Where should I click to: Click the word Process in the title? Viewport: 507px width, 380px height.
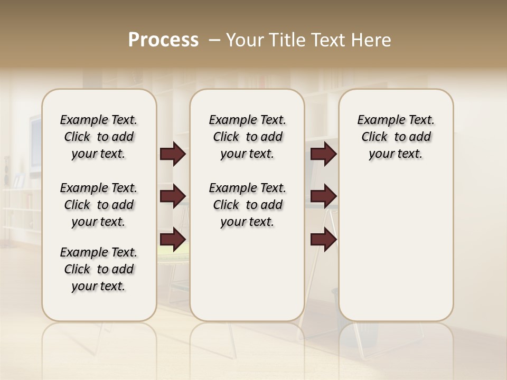163,40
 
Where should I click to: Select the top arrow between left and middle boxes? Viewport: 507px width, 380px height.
173,154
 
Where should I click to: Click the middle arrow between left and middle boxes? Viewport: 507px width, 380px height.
173,196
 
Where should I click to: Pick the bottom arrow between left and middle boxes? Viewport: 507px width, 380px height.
173,240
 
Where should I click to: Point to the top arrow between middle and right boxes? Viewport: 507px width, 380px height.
323,154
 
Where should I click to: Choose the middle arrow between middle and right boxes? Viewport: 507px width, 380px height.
323,196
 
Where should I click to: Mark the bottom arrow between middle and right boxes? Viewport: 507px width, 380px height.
323,240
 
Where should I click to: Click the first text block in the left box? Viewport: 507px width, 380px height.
99,137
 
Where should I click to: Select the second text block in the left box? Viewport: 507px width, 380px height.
99,205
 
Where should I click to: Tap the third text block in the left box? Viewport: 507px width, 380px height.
99,269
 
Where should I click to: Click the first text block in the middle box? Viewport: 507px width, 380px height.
247,137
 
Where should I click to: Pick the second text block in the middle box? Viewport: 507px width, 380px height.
247,205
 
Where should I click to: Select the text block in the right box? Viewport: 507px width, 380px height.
396,137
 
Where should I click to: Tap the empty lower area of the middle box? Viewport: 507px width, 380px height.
247,274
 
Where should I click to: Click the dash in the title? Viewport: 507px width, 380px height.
214,40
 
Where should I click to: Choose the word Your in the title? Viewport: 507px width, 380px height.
245,40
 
